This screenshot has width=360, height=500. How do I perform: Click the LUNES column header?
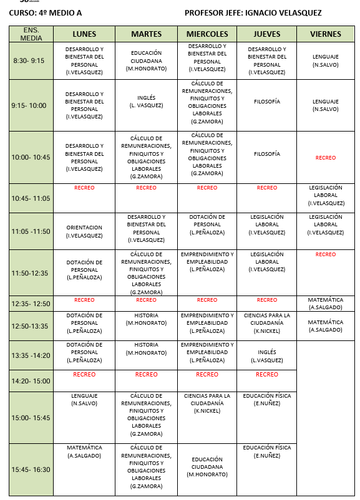pyautogui.click(x=84, y=34)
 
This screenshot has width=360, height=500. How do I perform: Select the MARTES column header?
pyautogui.click(x=146, y=34)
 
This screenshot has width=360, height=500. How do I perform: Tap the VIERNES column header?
pyautogui.click(x=325, y=34)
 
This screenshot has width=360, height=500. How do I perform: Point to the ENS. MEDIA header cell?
pyautogui.click(x=31, y=34)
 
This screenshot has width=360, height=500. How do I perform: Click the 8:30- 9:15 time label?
pyautogui.click(x=29, y=60)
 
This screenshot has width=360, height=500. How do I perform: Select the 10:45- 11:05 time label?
pyautogui.click(x=31, y=198)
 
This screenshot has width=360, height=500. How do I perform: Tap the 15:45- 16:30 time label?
pyautogui.click(x=31, y=469)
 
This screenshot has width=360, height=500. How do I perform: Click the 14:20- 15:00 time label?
pyautogui.click(x=31, y=381)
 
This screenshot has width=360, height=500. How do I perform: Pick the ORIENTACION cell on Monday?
pyautogui.click(x=84, y=231)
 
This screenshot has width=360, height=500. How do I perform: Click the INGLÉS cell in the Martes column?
pyautogui.click(x=146, y=101)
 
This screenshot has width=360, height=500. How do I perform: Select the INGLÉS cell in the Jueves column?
pyautogui.click(x=267, y=356)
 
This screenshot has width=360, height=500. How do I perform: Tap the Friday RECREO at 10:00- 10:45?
pyautogui.click(x=325, y=158)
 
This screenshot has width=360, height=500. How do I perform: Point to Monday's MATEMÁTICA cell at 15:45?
pyautogui.click(x=84, y=451)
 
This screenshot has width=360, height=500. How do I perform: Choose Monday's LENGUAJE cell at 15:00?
pyautogui.click(x=84, y=399)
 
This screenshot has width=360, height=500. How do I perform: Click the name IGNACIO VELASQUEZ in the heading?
pyautogui.click(x=288, y=12)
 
